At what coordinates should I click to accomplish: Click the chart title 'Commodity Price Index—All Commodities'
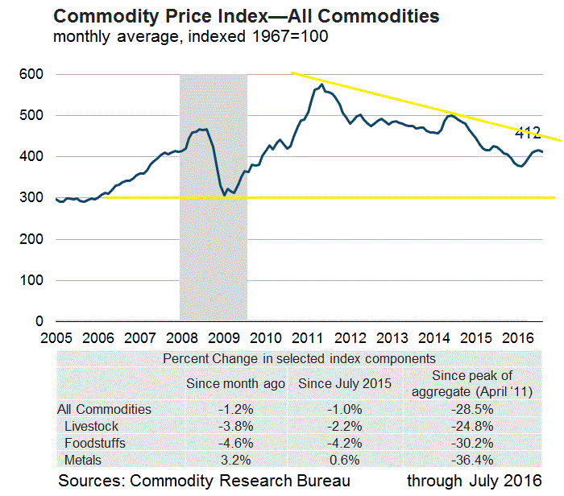point(247,15)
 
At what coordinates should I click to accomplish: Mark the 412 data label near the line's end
point(528,134)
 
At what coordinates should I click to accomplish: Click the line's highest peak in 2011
point(321,85)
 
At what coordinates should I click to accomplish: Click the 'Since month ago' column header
point(235,383)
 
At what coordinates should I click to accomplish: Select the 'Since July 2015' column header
point(345,383)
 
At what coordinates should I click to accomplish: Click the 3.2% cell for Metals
point(235,460)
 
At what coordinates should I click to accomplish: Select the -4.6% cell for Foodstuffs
point(235,443)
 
